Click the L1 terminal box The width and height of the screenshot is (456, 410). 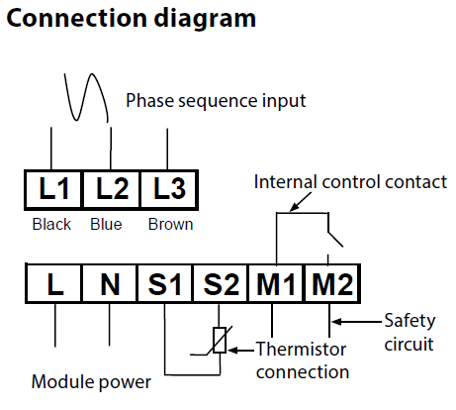(53, 190)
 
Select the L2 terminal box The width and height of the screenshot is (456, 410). (112, 190)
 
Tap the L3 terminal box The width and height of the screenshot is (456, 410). (169, 190)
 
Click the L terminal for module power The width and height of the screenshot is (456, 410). (54, 283)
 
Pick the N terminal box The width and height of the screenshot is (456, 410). (110, 283)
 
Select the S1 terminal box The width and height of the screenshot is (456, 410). (165, 283)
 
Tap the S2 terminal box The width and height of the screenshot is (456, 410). (221, 283)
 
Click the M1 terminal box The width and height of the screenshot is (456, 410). (276, 283)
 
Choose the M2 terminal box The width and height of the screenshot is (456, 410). (332, 283)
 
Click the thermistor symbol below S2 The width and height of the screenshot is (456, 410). (220, 341)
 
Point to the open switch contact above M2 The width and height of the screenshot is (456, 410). (334, 239)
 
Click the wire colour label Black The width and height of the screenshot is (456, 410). (51, 225)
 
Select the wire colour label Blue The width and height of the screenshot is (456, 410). (106, 225)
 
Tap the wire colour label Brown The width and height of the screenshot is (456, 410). (170, 225)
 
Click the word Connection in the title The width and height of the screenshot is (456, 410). (76, 18)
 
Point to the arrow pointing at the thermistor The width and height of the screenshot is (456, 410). (241, 351)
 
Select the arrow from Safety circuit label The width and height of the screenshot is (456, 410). (356, 321)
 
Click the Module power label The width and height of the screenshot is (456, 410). (91, 382)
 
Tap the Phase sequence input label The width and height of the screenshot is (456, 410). (216, 101)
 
